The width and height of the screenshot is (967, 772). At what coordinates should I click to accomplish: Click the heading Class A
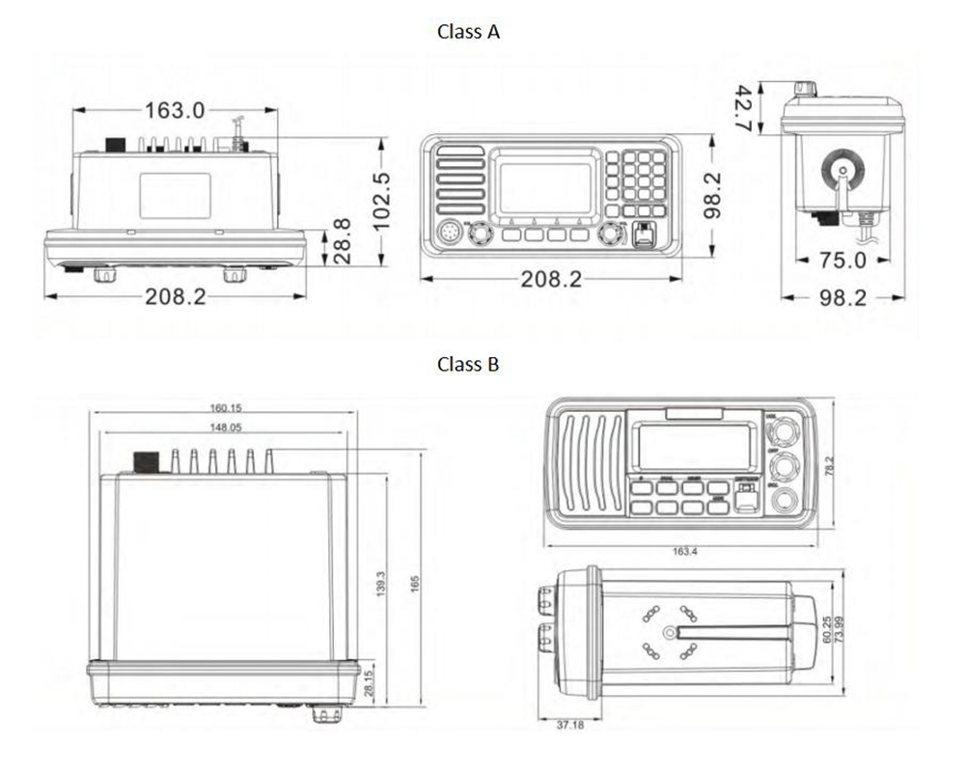[x=468, y=32]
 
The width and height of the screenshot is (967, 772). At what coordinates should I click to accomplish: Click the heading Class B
[x=468, y=365]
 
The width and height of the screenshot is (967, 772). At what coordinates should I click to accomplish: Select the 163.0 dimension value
[x=175, y=111]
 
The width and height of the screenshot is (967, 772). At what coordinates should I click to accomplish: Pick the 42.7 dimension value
[x=743, y=107]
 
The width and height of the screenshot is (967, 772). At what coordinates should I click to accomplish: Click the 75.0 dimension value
[x=843, y=261]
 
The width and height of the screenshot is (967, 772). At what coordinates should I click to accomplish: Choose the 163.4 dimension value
[x=683, y=552]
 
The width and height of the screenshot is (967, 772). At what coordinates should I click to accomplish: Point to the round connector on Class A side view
[x=840, y=169]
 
